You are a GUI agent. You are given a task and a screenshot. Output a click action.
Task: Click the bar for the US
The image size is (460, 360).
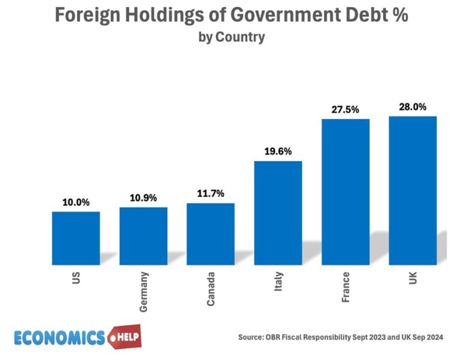[x=75, y=238]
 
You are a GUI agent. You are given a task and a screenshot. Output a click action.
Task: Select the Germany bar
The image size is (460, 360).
[x=143, y=235]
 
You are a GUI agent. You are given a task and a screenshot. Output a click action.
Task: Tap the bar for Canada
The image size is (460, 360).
[x=211, y=234]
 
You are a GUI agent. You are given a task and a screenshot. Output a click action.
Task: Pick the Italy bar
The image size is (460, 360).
[x=278, y=213]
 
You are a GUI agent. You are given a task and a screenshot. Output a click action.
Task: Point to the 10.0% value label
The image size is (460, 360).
[x=76, y=202]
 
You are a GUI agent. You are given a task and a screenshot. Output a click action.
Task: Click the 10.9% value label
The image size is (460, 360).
[x=143, y=198]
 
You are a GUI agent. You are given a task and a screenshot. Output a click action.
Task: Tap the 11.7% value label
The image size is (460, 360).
[x=211, y=193]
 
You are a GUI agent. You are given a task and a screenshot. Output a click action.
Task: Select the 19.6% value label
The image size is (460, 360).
[x=278, y=152]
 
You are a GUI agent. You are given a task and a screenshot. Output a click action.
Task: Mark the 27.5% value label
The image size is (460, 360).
[x=346, y=110]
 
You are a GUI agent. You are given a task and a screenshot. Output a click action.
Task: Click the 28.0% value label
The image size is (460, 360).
[x=413, y=107]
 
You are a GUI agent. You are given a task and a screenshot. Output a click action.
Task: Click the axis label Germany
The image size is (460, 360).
[x=144, y=292]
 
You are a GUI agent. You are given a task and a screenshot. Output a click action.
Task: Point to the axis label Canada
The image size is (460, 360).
[x=211, y=289]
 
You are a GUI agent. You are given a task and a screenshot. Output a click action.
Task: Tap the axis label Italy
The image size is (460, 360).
[x=279, y=281]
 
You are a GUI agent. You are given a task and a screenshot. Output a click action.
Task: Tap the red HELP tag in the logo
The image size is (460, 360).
[x=128, y=337]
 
